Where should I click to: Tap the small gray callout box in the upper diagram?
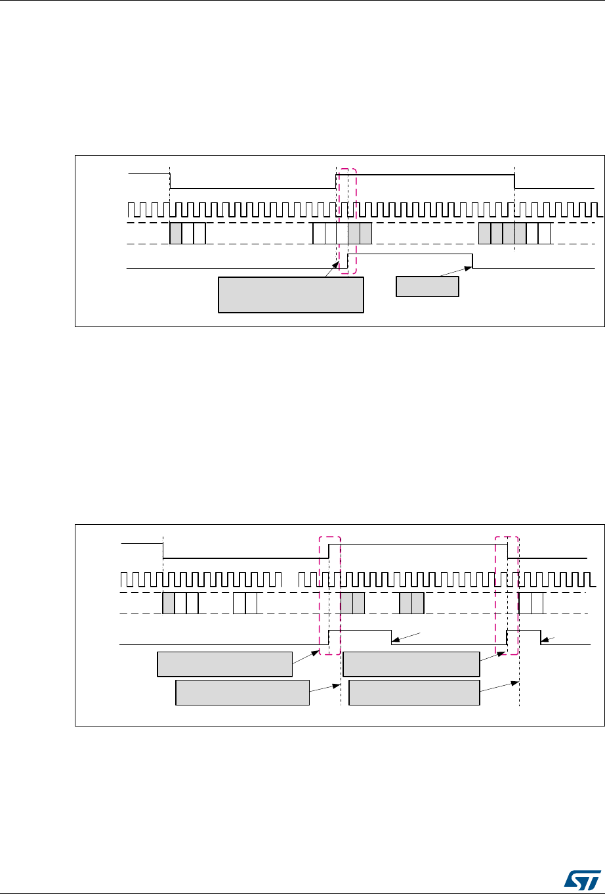(x=427, y=287)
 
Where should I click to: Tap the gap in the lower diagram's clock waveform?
(x=289, y=580)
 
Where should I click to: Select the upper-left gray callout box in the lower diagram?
(x=224, y=664)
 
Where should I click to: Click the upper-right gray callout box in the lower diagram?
(x=411, y=664)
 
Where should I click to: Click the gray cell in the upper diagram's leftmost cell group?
(x=176, y=234)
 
